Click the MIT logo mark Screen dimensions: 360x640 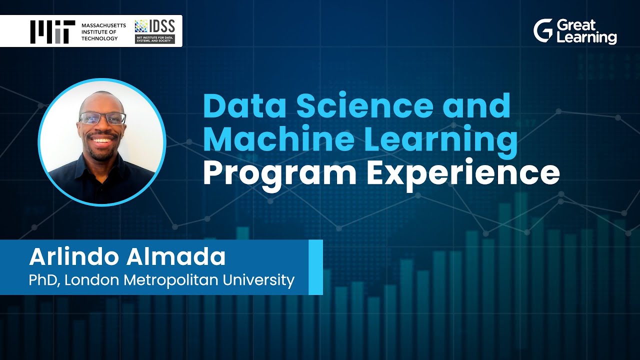click(x=52, y=31)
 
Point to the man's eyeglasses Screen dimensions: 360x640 click(x=102, y=118)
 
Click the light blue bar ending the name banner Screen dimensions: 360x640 click(x=315, y=267)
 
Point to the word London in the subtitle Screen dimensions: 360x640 click(x=93, y=280)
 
